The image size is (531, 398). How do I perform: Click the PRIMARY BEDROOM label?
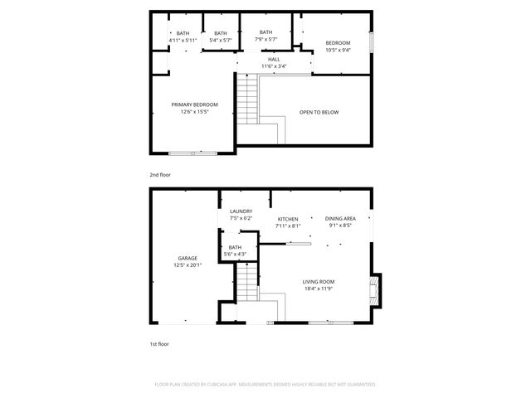pyautogui.click(x=194, y=104)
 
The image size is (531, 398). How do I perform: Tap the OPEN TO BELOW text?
pyautogui.click(x=319, y=112)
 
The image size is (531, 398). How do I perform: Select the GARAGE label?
pyautogui.click(x=187, y=258)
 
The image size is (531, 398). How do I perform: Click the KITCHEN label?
pyautogui.click(x=288, y=219)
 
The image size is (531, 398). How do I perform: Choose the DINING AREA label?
pyautogui.click(x=340, y=218)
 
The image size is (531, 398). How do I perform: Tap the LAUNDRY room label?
pyautogui.click(x=241, y=211)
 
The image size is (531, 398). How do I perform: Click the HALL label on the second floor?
pyautogui.click(x=273, y=59)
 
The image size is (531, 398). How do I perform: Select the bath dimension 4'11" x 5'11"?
pyautogui.click(x=183, y=40)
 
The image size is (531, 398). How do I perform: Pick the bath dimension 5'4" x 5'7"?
pyautogui.click(x=220, y=40)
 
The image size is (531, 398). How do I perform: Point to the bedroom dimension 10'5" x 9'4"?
pyautogui.click(x=337, y=50)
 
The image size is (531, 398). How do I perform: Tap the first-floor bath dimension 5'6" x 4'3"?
pyautogui.click(x=235, y=253)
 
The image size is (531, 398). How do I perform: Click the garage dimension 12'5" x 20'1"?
pyautogui.click(x=188, y=265)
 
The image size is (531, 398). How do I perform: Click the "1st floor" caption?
pyautogui.click(x=158, y=343)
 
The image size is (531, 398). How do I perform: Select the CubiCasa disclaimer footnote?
pyautogui.click(x=265, y=385)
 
